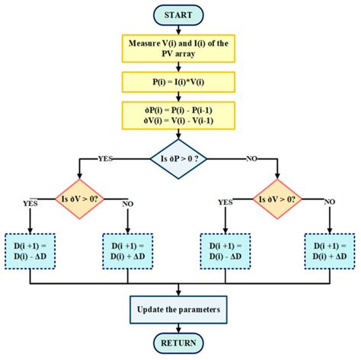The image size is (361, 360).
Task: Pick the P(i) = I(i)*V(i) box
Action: tap(180, 82)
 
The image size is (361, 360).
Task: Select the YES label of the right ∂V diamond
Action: tap(225, 202)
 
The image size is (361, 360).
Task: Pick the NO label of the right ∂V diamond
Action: tap(329, 202)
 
